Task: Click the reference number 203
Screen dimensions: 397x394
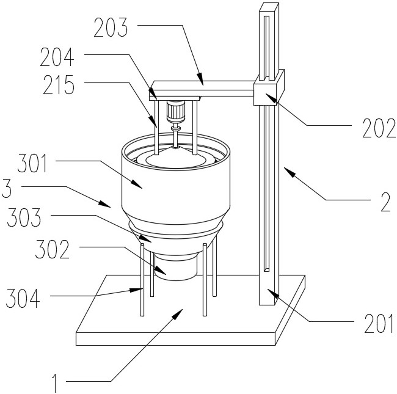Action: pos(111,27)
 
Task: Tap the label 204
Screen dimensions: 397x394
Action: pos(57,57)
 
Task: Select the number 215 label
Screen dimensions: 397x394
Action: pos(59,85)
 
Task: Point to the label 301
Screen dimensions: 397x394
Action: pos(32,163)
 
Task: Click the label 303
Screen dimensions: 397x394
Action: pos(24,217)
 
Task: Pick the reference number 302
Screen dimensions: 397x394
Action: pos(52,249)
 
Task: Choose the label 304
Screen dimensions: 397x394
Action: pos(23,298)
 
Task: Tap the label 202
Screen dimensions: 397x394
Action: pos(379,128)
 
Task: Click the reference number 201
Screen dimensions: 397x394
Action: pos(379,323)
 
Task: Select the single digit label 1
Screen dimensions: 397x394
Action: pos(54,384)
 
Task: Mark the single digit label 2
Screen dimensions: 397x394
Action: pos(385,202)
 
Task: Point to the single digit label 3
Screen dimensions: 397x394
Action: pos(6,188)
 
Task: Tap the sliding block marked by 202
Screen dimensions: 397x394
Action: pos(269,87)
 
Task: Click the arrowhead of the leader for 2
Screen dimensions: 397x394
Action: pos(290,171)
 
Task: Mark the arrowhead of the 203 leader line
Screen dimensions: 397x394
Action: pos(200,79)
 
